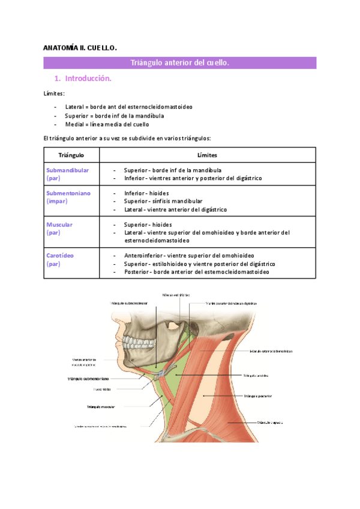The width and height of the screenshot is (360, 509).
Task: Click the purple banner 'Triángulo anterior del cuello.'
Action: pyautogui.click(x=180, y=63)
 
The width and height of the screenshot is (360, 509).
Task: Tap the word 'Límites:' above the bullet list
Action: pyautogui.click(x=55, y=94)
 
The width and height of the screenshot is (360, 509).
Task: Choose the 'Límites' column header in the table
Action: pyautogui.click(x=207, y=155)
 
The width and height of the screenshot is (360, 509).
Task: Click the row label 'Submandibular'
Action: pyautogui.click(x=67, y=170)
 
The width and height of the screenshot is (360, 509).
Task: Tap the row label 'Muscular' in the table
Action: pyautogui.click(x=59, y=224)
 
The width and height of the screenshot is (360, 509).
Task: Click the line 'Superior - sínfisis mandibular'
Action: pyautogui.click(x=163, y=202)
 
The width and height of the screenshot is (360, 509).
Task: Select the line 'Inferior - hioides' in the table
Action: pyautogui.click(x=146, y=193)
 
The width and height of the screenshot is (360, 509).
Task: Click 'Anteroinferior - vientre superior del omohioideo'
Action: pyautogui.click(x=189, y=255)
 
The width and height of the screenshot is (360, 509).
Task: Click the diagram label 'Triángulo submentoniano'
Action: pyautogui.click(x=88, y=379)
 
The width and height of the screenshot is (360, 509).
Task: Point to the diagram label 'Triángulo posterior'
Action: pyautogui.click(x=259, y=396)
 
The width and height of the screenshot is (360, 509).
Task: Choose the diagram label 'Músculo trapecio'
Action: pyautogui.click(x=270, y=423)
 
